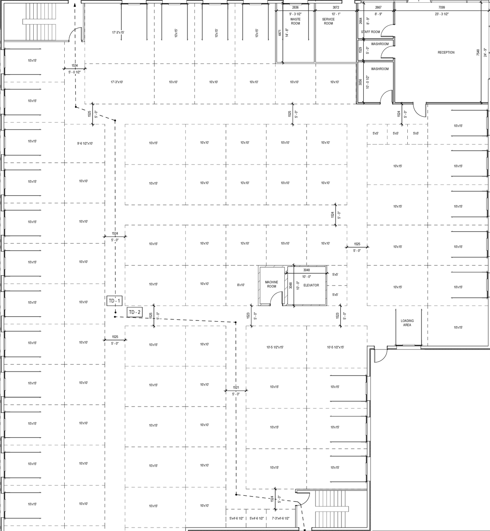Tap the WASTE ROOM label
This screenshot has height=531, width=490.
[295, 21]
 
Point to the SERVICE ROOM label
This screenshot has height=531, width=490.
[328, 21]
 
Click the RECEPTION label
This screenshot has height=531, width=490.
[446, 52]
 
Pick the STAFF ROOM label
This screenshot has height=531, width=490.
[370, 32]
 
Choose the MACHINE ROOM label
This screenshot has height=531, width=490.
[271, 284]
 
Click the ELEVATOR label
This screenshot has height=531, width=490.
[311, 285]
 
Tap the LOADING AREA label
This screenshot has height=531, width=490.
[407, 323]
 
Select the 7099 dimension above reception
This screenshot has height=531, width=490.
[441, 8]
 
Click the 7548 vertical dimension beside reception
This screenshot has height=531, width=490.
[478, 52]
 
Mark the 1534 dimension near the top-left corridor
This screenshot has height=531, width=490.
[75, 66]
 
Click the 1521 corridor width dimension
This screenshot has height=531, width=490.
[236, 387]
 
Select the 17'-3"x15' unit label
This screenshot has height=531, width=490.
[118, 33]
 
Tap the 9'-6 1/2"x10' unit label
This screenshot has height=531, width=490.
[85, 143]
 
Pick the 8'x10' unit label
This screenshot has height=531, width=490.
[241, 285]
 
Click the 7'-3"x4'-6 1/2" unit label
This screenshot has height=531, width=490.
[280, 518]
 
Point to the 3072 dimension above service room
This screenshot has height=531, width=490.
[336, 8]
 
